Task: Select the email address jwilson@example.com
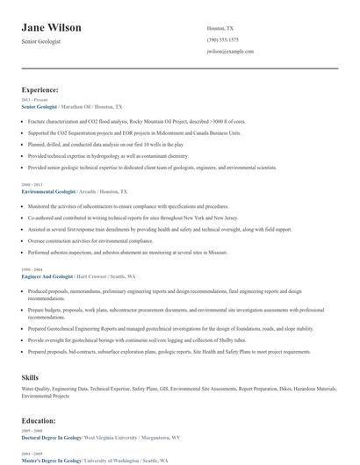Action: click(x=230, y=52)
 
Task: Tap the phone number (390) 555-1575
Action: click(x=222, y=39)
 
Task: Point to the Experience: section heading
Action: click(x=40, y=89)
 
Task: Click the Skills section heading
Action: click(x=30, y=376)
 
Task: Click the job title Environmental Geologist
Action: click(x=48, y=190)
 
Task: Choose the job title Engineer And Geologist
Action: click(x=48, y=275)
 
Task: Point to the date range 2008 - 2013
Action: click(x=31, y=184)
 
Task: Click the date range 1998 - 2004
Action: click(x=31, y=269)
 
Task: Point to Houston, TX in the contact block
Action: click(x=220, y=28)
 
